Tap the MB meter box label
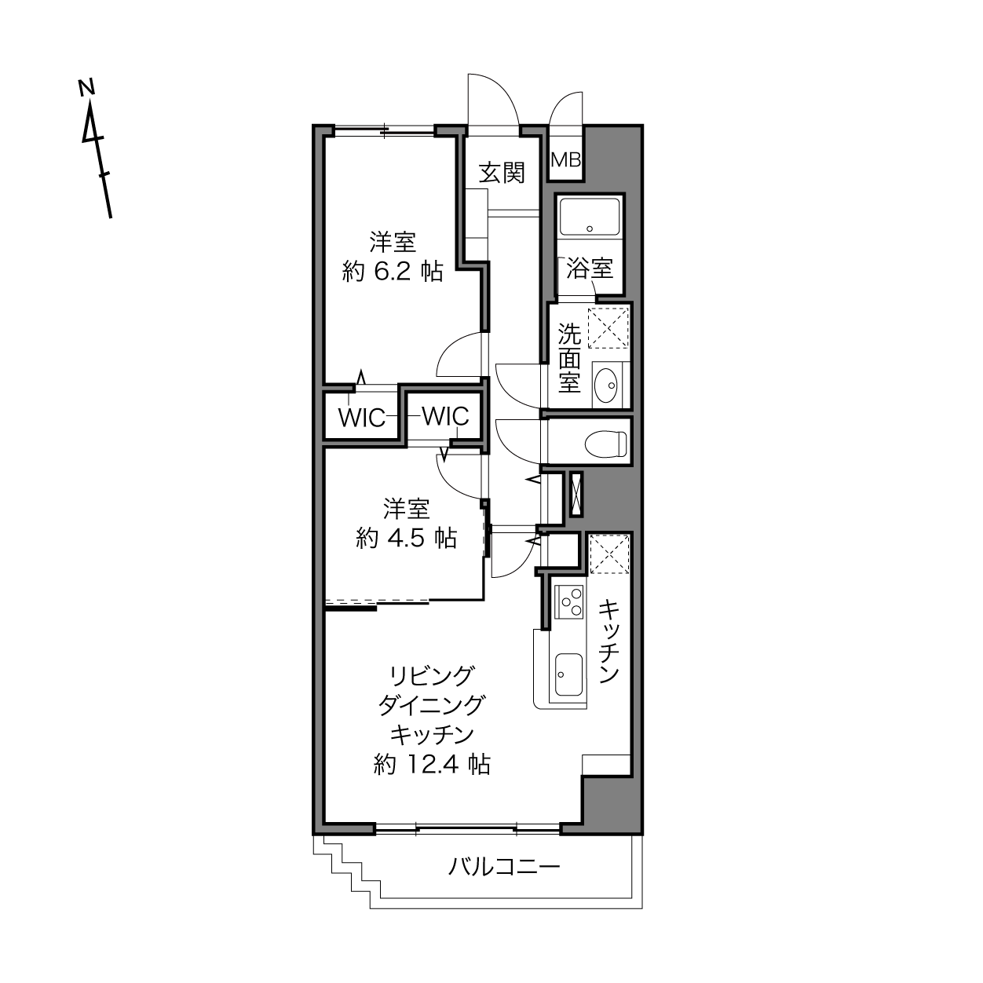pyautogui.click(x=566, y=160)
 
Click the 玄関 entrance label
pyautogui.click(x=502, y=173)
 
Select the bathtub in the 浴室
pyautogui.click(x=590, y=217)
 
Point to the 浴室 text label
pyautogui.click(x=590, y=269)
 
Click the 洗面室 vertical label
pyautogui.click(x=569, y=357)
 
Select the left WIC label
pyautogui.click(x=362, y=418)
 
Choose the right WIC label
pyautogui.click(x=445, y=416)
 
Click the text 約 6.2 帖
pyautogui.click(x=393, y=272)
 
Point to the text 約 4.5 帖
pyautogui.click(x=406, y=538)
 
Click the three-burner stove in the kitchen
pyautogui.click(x=568, y=602)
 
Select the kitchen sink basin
pyautogui.click(x=568, y=674)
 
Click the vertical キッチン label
pyautogui.click(x=608, y=641)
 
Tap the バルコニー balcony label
pyautogui.click(x=504, y=867)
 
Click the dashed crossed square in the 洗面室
pyautogui.click(x=608, y=328)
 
